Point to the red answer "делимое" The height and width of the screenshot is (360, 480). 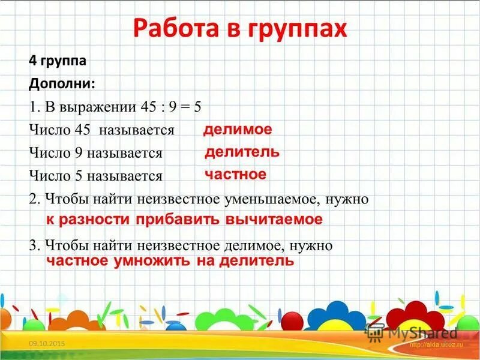pos(238,130)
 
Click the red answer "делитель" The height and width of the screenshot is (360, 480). pos(242,152)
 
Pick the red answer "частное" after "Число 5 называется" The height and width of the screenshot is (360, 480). pos(235,175)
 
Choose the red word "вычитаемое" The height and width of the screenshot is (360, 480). pos(274,220)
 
